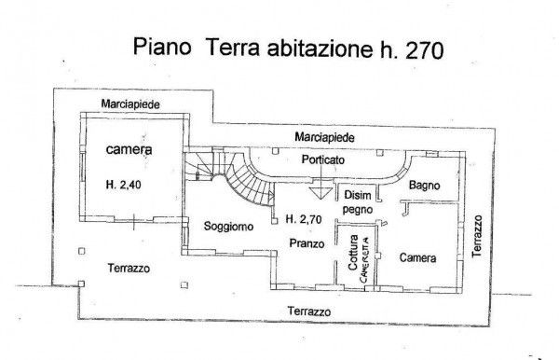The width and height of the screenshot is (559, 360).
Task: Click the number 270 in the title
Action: pyautogui.click(x=424, y=49)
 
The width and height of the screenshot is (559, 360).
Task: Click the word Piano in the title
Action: pyautogui.click(x=162, y=47)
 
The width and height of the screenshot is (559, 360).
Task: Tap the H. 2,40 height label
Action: pyautogui.click(x=123, y=185)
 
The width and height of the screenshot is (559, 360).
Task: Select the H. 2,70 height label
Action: pyautogui.click(x=304, y=219)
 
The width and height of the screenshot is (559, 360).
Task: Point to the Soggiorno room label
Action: pyautogui.click(x=228, y=227)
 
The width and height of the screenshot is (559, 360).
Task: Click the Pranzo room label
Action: pyautogui.click(x=307, y=243)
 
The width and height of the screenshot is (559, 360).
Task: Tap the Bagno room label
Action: pyautogui.click(x=424, y=186)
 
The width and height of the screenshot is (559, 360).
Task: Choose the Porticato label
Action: pyautogui.click(x=323, y=159)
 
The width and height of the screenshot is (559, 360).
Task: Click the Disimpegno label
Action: pyautogui.click(x=358, y=202)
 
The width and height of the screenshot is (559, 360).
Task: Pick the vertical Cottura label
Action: pyautogui.click(x=352, y=252)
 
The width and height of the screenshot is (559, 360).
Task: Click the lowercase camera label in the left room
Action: pyautogui.click(x=130, y=149)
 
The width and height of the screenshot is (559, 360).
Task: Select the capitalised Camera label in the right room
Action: pyautogui.click(x=417, y=257)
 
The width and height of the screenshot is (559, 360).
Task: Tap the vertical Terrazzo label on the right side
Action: pyautogui.click(x=477, y=236)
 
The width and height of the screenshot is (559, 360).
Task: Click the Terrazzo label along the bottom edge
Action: pyautogui.click(x=309, y=312)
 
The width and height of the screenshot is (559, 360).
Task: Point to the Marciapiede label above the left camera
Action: pyautogui.click(x=130, y=104)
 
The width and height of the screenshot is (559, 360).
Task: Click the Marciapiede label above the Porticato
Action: pyautogui.click(x=324, y=137)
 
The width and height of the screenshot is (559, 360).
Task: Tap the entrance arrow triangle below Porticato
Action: pyautogui.click(x=320, y=193)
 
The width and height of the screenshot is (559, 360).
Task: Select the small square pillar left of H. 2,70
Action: pyautogui.click(x=274, y=221)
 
